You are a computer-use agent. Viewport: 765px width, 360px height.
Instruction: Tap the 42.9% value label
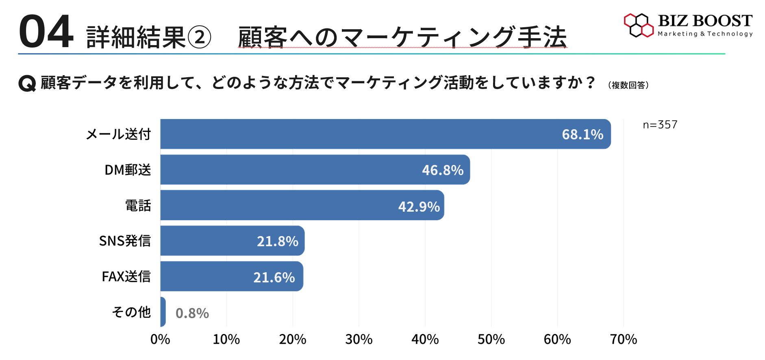pyautogui.click(x=419, y=206)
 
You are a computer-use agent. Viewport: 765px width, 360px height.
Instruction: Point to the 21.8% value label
pyautogui.click(x=278, y=241)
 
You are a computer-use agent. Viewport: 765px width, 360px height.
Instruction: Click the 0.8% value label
pyautogui.click(x=192, y=313)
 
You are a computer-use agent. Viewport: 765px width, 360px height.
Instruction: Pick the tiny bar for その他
pyautogui.click(x=163, y=312)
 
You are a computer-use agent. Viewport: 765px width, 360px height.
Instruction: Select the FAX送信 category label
pyautogui.click(x=126, y=277)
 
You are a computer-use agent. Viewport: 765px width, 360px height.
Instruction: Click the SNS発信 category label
pyautogui.click(x=125, y=241)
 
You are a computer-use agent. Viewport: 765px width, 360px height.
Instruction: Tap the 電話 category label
pyautogui.click(x=138, y=206)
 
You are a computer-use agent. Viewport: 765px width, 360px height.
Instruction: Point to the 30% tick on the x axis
pyautogui.click(x=359, y=339)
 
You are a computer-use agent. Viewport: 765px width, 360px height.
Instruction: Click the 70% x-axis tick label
pyautogui.click(x=624, y=339)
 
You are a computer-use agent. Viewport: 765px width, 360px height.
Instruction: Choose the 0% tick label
pyautogui.click(x=160, y=339)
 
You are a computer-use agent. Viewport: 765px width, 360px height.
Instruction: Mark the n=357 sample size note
pyautogui.click(x=660, y=125)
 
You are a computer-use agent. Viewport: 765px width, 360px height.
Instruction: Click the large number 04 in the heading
pyautogui.click(x=46, y=32)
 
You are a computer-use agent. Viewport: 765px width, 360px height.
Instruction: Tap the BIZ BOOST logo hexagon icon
pyautogui.click(x=639, y=25)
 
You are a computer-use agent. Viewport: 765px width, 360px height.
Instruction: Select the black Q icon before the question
pyautogui.click(x=27, y=83)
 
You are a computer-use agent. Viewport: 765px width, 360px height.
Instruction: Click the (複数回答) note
pyautogui.click(x=628, y=85)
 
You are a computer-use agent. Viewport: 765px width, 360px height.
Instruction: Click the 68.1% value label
pyautogui.click(x=582, y=134)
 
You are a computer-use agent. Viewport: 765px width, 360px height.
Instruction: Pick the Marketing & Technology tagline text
pyautogui.click(x=705, y=34)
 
